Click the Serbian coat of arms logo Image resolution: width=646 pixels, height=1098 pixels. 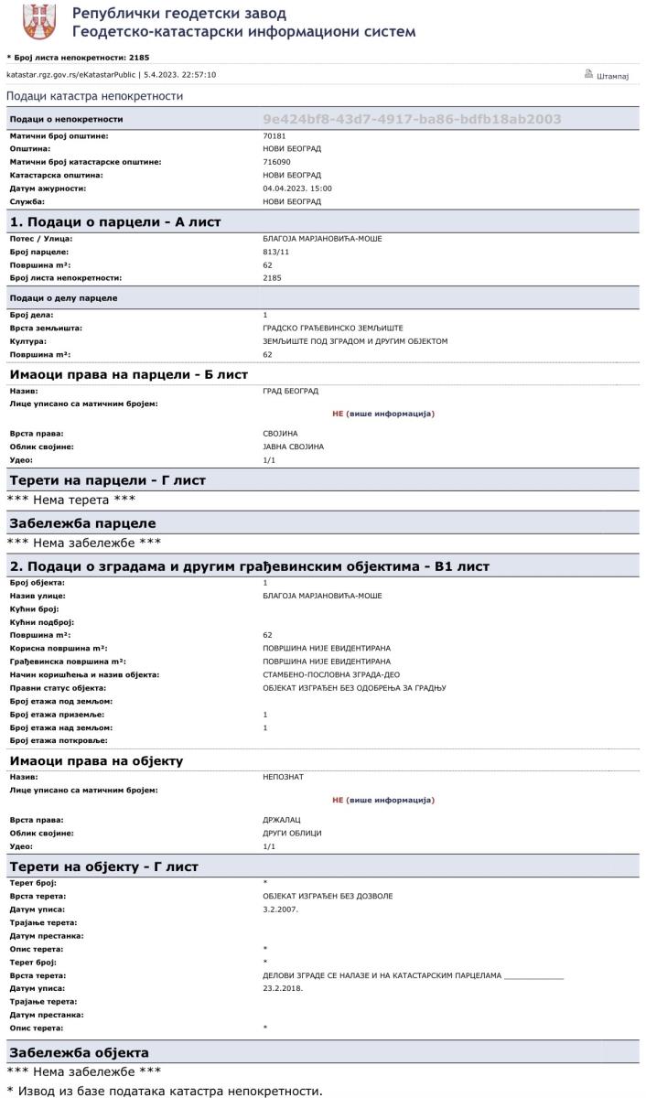tap(38, 22)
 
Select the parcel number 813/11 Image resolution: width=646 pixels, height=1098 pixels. tap(275, 251)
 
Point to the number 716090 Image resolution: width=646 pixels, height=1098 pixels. tap(276, 162)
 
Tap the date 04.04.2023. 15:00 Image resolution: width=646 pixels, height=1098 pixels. tap(296, 188)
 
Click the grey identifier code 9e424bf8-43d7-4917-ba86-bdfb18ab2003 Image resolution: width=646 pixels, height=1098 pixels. tap(411, 119)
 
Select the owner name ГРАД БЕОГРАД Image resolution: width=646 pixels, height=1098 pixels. tap(290, 391)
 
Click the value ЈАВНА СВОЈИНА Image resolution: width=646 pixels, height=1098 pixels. tap(293, 446)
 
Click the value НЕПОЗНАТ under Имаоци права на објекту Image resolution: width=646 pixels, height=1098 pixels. tap(282, 776)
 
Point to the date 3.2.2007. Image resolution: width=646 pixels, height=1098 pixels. tap(280, 909)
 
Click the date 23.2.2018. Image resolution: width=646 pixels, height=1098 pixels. tap(283, 988)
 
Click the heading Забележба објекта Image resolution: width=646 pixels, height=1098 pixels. tap(79, 1052)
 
